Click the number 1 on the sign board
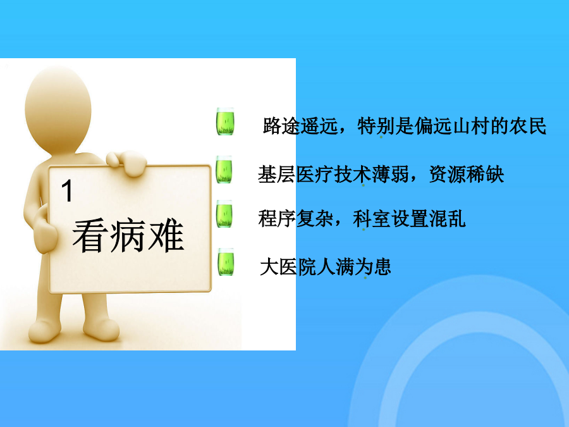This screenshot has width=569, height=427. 67,190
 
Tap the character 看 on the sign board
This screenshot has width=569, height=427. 90,235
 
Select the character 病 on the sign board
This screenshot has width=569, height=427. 128,235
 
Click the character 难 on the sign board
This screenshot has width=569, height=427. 166,235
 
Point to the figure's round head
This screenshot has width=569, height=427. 58,109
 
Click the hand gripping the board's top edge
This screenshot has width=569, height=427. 127,163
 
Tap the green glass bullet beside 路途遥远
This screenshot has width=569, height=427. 225,121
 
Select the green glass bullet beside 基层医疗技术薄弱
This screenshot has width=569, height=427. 224,169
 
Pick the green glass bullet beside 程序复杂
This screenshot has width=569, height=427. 224,214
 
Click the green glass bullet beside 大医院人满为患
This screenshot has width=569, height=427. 226,261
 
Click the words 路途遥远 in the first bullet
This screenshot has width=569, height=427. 300,126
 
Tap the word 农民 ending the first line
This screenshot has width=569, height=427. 528,126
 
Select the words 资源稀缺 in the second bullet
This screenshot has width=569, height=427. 467,174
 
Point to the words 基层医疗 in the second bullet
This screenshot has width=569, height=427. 295,174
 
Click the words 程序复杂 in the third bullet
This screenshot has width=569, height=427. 296,218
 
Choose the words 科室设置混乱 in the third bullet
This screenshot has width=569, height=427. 409,218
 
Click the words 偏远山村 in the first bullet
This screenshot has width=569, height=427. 452,126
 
